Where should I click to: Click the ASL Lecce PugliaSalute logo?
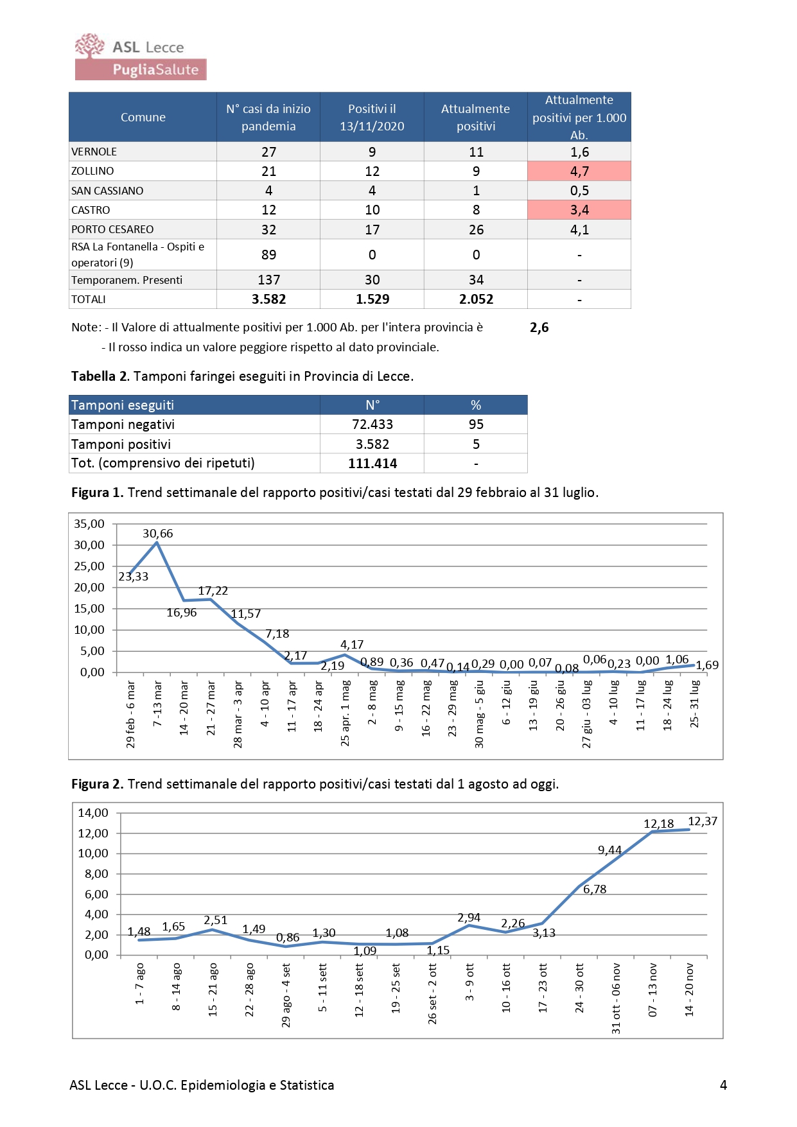pos(141,57)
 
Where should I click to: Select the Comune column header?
pos(143,117)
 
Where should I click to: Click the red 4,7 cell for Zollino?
pos(579,171)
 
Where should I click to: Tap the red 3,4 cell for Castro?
pos(579,210)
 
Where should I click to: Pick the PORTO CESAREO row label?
pos(112,229)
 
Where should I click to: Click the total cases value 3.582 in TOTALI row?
pos(268,299)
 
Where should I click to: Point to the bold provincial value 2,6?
pos(539,328)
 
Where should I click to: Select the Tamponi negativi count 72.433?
pos(372,424)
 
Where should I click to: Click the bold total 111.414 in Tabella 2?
pos(372,464)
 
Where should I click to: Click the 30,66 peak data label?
pos(158,534)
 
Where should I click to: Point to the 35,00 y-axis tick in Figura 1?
pos(89,524)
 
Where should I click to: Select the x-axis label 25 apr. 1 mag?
pos(346,713)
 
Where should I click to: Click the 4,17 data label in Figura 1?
pos(352,644)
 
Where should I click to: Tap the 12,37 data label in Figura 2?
pos(703,821)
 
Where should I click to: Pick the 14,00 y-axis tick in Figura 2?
pos(93,813)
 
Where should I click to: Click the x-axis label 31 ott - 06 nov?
pos(617,998)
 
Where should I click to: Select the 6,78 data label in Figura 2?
pos(595,889)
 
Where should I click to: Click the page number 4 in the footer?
pos(724,1085)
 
